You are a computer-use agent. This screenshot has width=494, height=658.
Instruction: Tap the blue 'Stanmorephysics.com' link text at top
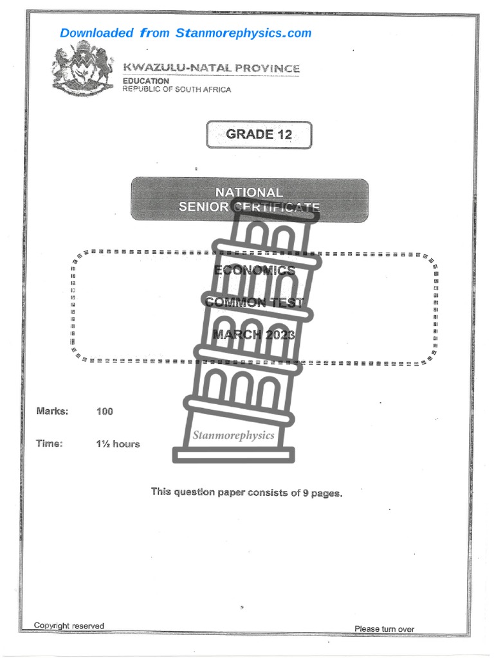click(x=243, y=33)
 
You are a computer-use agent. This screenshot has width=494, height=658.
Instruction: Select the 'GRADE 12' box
click(x=259, y=134)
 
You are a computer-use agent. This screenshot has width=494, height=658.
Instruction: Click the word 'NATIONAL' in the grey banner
click(x=248, y=192)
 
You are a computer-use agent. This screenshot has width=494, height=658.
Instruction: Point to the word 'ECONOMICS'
click(x=254, y=271)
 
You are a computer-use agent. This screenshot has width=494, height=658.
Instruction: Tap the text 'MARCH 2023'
click(x=253, y=334)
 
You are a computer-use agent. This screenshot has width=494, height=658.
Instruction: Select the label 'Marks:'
click(x=52, y=411)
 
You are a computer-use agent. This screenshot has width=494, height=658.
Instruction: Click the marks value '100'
click(x=105, y=411)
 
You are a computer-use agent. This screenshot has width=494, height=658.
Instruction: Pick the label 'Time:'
click(x=50, y=443)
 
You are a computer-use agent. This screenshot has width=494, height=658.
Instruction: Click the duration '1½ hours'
click(x=118, y=444)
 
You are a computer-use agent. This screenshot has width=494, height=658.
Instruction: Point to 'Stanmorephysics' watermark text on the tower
click(x=233, y=435)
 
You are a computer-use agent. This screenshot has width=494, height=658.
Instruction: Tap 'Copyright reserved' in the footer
click(x=69, y=626)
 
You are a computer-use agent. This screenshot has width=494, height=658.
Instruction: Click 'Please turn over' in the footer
click(x=384, y=628)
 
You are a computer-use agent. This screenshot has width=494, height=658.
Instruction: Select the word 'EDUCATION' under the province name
click(x=146, y=81)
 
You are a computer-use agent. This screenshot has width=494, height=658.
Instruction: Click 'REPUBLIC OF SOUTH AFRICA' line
click(x=177, y=89)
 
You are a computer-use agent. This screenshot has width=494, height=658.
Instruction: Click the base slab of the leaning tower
click(x=233, y=454)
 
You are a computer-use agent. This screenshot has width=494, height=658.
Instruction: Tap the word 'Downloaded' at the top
click(x=97, y=33)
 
